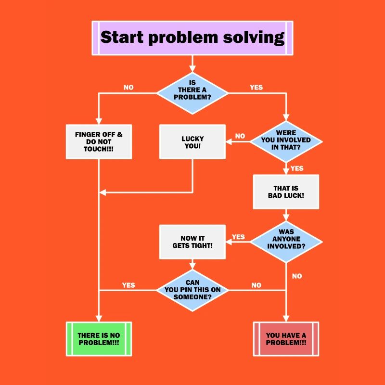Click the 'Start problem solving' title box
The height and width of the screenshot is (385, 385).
tap(192, 38)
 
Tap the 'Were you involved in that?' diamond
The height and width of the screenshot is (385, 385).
tap(286, 141)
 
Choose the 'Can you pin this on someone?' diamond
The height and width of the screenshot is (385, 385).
tap(192, 290)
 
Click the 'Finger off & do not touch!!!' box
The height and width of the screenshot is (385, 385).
tap(99, 141)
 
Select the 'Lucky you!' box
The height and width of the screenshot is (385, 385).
tap(192, 141)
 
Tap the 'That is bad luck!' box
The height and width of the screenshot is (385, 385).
tap(286, 192)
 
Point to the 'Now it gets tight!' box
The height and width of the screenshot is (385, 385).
tap(192, 242)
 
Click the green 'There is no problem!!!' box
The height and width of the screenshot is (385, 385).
tap(99, 339)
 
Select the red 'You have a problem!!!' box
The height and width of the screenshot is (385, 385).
tap(286, 339)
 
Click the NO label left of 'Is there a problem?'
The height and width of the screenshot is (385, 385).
tap(128, 88)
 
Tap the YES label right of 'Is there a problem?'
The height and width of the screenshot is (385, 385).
tap(256, 88)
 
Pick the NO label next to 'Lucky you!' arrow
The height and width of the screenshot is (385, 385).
tap(240, 136)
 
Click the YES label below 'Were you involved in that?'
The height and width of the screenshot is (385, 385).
tap(297, 168)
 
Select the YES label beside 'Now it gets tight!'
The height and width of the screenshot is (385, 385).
tap(238, 237)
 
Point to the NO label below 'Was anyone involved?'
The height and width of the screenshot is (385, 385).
tap(297, 276)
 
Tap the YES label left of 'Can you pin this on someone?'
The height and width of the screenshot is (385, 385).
tap(128, 285)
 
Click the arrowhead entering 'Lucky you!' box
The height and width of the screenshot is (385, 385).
tap(229, 141)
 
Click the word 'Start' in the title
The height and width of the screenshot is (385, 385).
tap(122, 37)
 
